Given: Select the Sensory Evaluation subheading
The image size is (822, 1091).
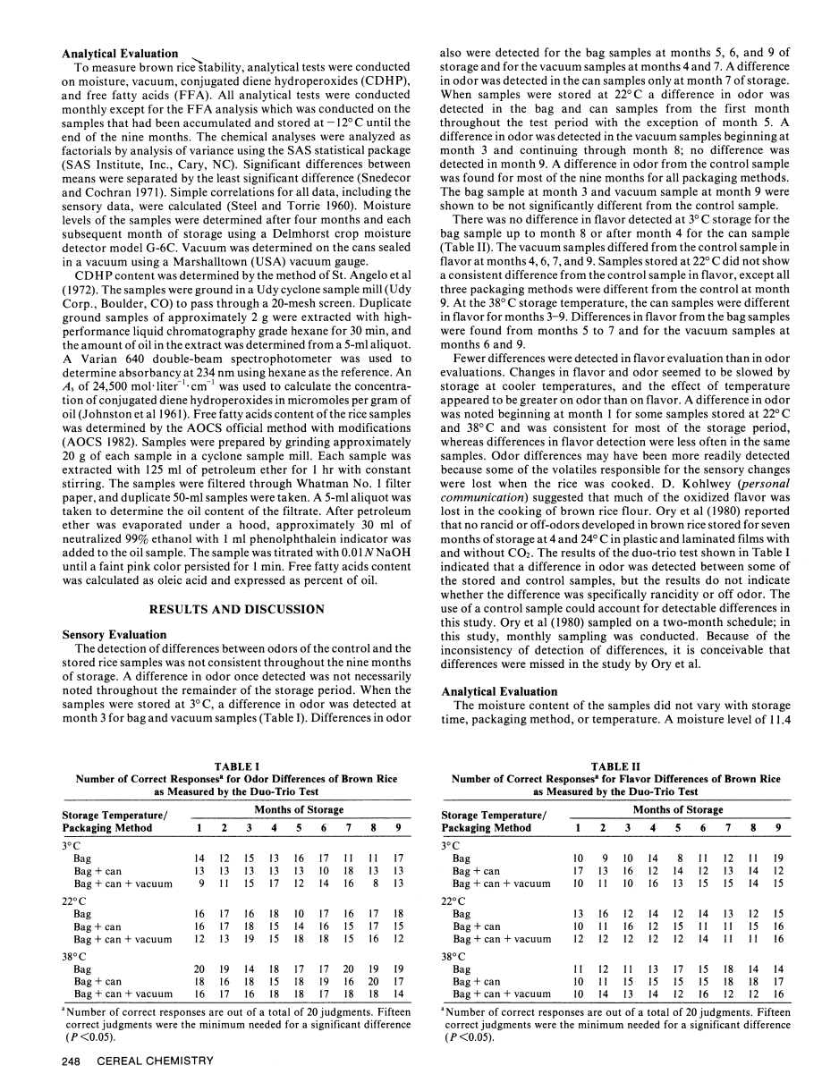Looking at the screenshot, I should pos(114,634).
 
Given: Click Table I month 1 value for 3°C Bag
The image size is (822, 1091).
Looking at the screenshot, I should pos(199,858).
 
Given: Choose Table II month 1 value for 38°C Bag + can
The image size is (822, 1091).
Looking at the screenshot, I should pos(579,981).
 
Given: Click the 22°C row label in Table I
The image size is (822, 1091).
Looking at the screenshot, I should pos(75,901).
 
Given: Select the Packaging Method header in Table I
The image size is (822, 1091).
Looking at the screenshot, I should pos(108,828).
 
